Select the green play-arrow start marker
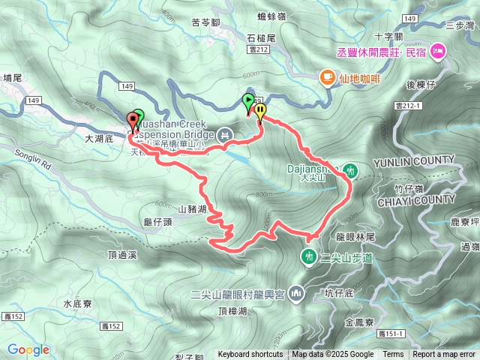pyautogui.click(x=248, y=101)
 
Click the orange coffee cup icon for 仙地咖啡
pyautogui.click(x=327, y=76)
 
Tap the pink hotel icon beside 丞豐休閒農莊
pyautogui.click(x=439, y=52)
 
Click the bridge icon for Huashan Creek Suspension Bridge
pyautogui.click(x=224, y=135)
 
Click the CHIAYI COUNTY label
pyautogui.click(x=418, y=199)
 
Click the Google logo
pyautogui.click(x=28, y=349)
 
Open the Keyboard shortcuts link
pyautogui.click(x=250, y=355)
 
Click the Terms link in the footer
pyautogui.click(x=393, y=355)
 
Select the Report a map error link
pyautogui.click(x=445, y=355)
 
